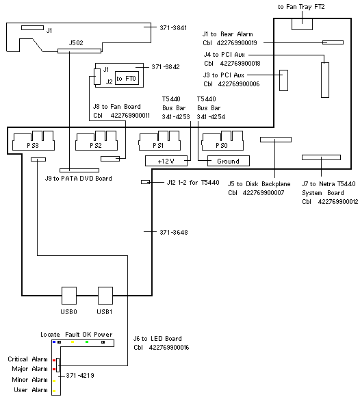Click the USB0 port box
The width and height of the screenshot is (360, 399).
[69, 296]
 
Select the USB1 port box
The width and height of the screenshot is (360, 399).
[105, 296]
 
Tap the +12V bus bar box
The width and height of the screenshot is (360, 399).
[166, 161]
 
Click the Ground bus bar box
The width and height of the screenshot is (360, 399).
[229, 161]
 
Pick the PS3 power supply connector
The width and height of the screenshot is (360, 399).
[34, 141]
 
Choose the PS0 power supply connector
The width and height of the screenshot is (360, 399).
[222, 141]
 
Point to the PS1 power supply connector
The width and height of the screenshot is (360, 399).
[159, 141]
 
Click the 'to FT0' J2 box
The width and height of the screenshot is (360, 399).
[127, 78]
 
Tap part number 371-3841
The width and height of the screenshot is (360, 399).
[173, 28]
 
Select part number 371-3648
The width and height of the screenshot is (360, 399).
[174, 232]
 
